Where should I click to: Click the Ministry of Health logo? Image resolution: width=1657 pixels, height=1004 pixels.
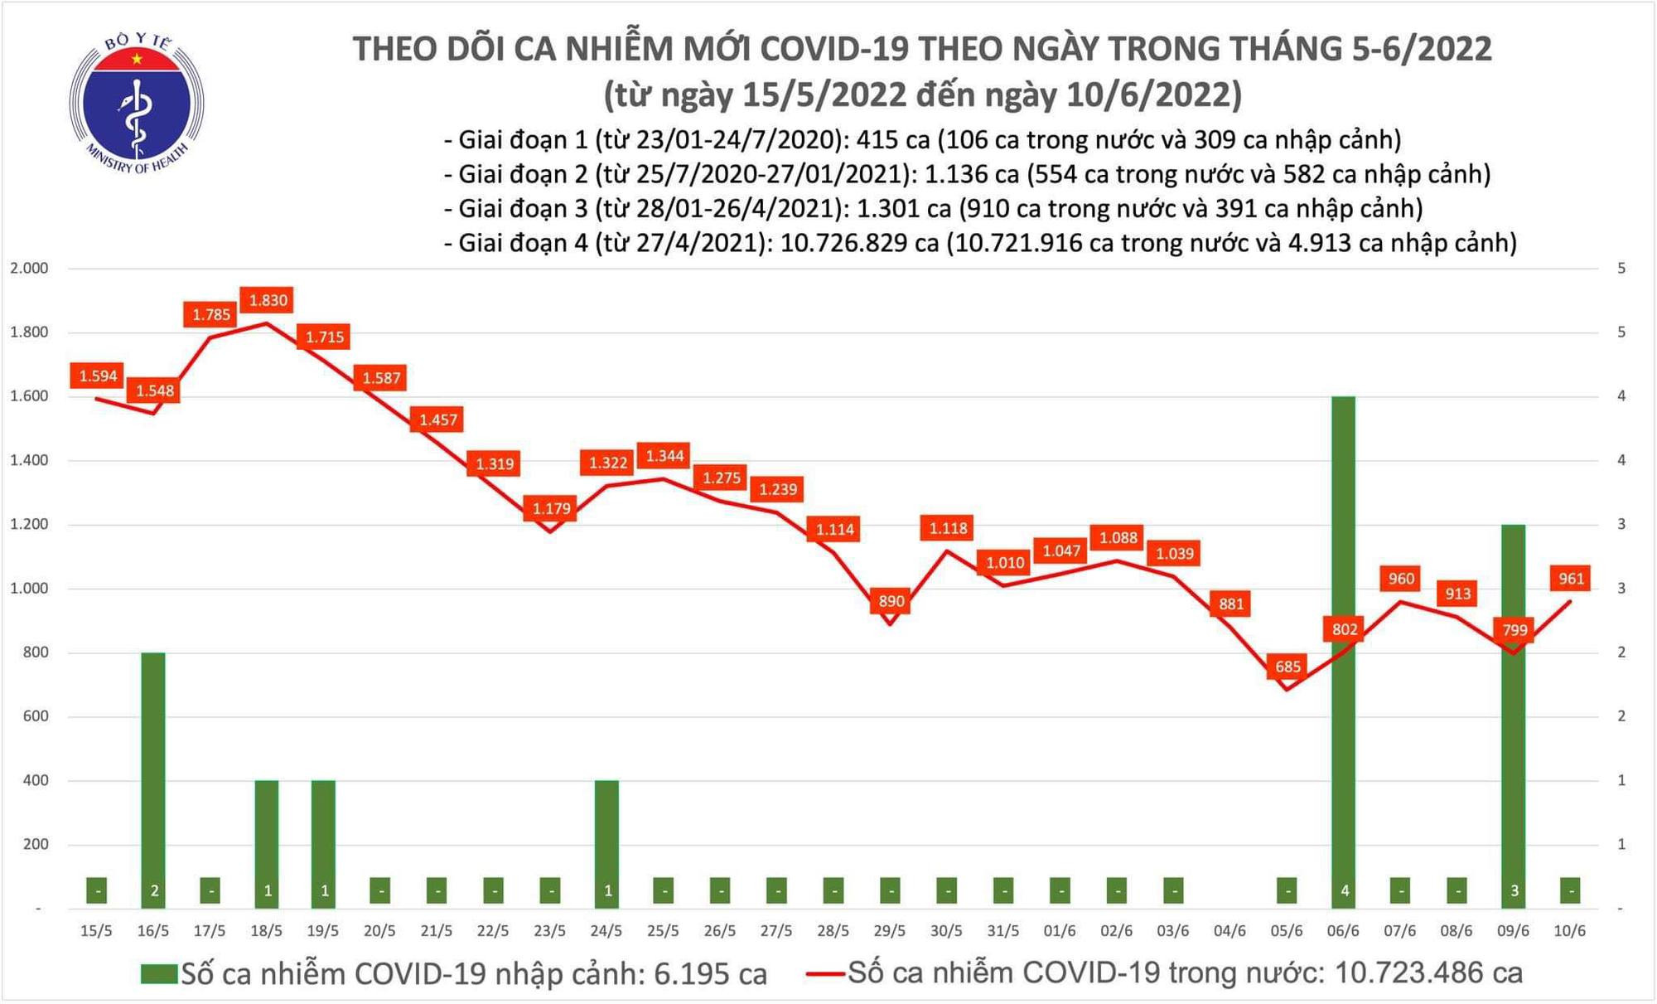point(137,104)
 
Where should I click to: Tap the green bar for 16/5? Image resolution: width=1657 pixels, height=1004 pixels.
point(153,779)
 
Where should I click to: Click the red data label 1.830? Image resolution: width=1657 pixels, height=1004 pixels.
point(268,300)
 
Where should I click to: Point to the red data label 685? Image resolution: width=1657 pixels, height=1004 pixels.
point(1287,667)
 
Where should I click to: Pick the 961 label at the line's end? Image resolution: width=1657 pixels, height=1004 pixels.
point(1571,579)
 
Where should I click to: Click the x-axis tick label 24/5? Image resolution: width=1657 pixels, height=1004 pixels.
point(606,931)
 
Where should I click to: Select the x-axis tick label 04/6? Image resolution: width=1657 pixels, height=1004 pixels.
point(1229,931)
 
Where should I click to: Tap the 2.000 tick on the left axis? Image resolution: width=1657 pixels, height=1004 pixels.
point(29,269)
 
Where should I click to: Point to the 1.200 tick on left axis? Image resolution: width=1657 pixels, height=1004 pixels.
point(29,525)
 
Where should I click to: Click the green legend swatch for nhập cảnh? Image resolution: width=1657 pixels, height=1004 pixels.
point(159,973)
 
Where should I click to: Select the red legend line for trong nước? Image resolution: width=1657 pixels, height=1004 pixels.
point(825,973)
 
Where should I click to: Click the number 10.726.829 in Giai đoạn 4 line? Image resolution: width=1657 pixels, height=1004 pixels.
point(859,243)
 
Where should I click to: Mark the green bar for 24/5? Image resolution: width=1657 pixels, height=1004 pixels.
point(606,842)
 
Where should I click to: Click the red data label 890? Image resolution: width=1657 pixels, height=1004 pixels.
point(891,601)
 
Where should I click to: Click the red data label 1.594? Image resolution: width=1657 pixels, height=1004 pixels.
point(98,376)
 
